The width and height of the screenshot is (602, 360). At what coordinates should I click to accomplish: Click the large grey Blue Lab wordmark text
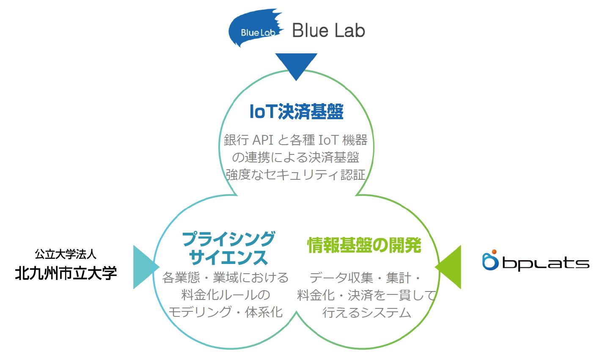click(328, 30)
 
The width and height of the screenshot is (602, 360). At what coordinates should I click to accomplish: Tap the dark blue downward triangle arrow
click(296, 66)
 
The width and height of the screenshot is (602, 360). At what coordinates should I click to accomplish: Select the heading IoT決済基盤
click(297, 111)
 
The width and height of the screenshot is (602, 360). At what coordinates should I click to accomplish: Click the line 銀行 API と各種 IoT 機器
click(296, 140)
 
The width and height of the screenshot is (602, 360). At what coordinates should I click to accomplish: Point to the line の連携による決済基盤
click(296, 157)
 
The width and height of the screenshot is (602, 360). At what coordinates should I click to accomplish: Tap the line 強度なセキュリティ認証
click(296, 175)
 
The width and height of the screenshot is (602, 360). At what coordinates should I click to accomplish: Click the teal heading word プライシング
click(228, 239)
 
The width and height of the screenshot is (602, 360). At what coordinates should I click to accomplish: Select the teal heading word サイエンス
click(228, 257)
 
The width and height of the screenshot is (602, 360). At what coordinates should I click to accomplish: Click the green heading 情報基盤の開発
click(364, 245)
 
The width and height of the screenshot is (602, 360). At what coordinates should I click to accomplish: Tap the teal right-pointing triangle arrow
click(146, 267)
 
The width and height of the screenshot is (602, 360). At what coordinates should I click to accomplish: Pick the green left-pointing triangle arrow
click(448, 267)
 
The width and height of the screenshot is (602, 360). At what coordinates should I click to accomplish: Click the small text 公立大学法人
click(66, 254)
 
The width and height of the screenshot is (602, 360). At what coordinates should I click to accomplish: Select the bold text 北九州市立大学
click(66, 273)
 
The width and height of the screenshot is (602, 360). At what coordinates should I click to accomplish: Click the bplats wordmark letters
click(546, 264)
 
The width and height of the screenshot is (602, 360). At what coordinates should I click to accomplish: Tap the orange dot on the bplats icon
click(494, 252)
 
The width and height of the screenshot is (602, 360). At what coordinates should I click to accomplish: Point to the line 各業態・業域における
click(225, 278)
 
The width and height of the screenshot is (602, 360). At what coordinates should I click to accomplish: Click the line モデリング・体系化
click(225, 312)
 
